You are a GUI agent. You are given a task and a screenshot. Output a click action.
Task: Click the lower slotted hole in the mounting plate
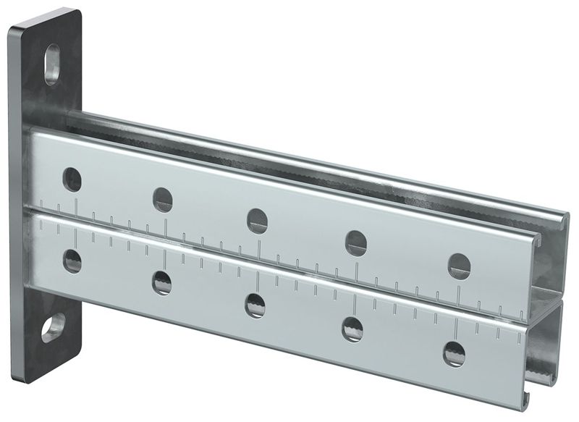tap(53, 328)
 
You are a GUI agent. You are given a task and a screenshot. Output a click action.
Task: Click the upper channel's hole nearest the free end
tap(459, 263)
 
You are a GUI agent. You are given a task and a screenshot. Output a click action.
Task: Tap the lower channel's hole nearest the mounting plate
tap(72, 259)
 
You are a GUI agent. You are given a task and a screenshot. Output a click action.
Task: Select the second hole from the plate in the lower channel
tap(162, 281)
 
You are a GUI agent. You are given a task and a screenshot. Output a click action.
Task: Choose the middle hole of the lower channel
tap(255, 304)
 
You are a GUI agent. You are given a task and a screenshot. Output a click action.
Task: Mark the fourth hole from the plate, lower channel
tap(352, 328)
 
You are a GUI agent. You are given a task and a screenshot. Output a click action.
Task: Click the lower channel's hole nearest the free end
tap(455, 353)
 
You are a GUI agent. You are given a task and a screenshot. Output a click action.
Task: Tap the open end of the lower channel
tap(550, 347)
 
